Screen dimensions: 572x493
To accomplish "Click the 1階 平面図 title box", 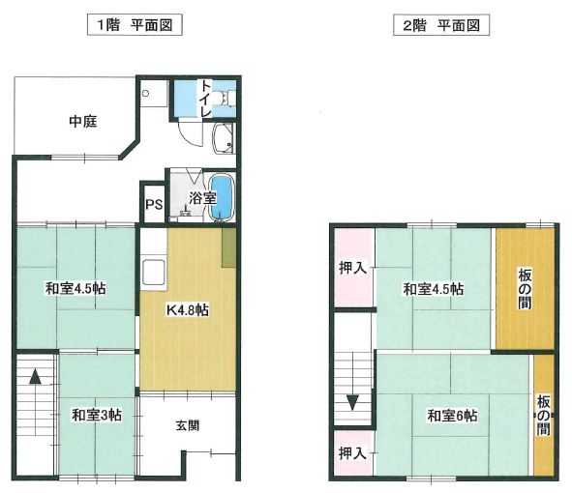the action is (x=135, y=25).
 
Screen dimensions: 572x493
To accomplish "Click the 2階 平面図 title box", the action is (x=441, y=25).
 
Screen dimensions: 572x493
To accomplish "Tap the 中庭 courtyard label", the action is (x=83, y=122).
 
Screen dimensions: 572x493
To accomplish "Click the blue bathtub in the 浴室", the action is (x=222, y=198).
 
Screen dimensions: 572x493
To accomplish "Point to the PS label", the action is (x=154, y=204).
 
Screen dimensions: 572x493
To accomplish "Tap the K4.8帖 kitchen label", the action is (x=187, y=310).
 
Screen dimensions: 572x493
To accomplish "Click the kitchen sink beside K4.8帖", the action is (x=154, y=273).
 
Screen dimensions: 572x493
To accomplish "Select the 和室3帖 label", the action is (x=97, y=415).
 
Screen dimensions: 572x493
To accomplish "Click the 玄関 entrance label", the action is (x=188, y=425).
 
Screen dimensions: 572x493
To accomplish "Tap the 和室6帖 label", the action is (x=452, y=416).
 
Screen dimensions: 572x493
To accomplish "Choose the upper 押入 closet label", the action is (x=352, y=268).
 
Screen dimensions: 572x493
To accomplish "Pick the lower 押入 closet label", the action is (x=352, y=453).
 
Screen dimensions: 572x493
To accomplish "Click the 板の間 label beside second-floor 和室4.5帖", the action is (x=525, y=289).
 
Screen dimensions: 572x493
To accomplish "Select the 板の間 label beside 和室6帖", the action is (x=543, y=416).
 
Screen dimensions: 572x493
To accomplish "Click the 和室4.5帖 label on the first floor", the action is (x=75, y=289).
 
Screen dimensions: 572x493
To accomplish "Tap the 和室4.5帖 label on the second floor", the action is (x=434, y=289).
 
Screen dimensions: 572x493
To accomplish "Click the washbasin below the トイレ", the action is (x=223, y=138).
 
